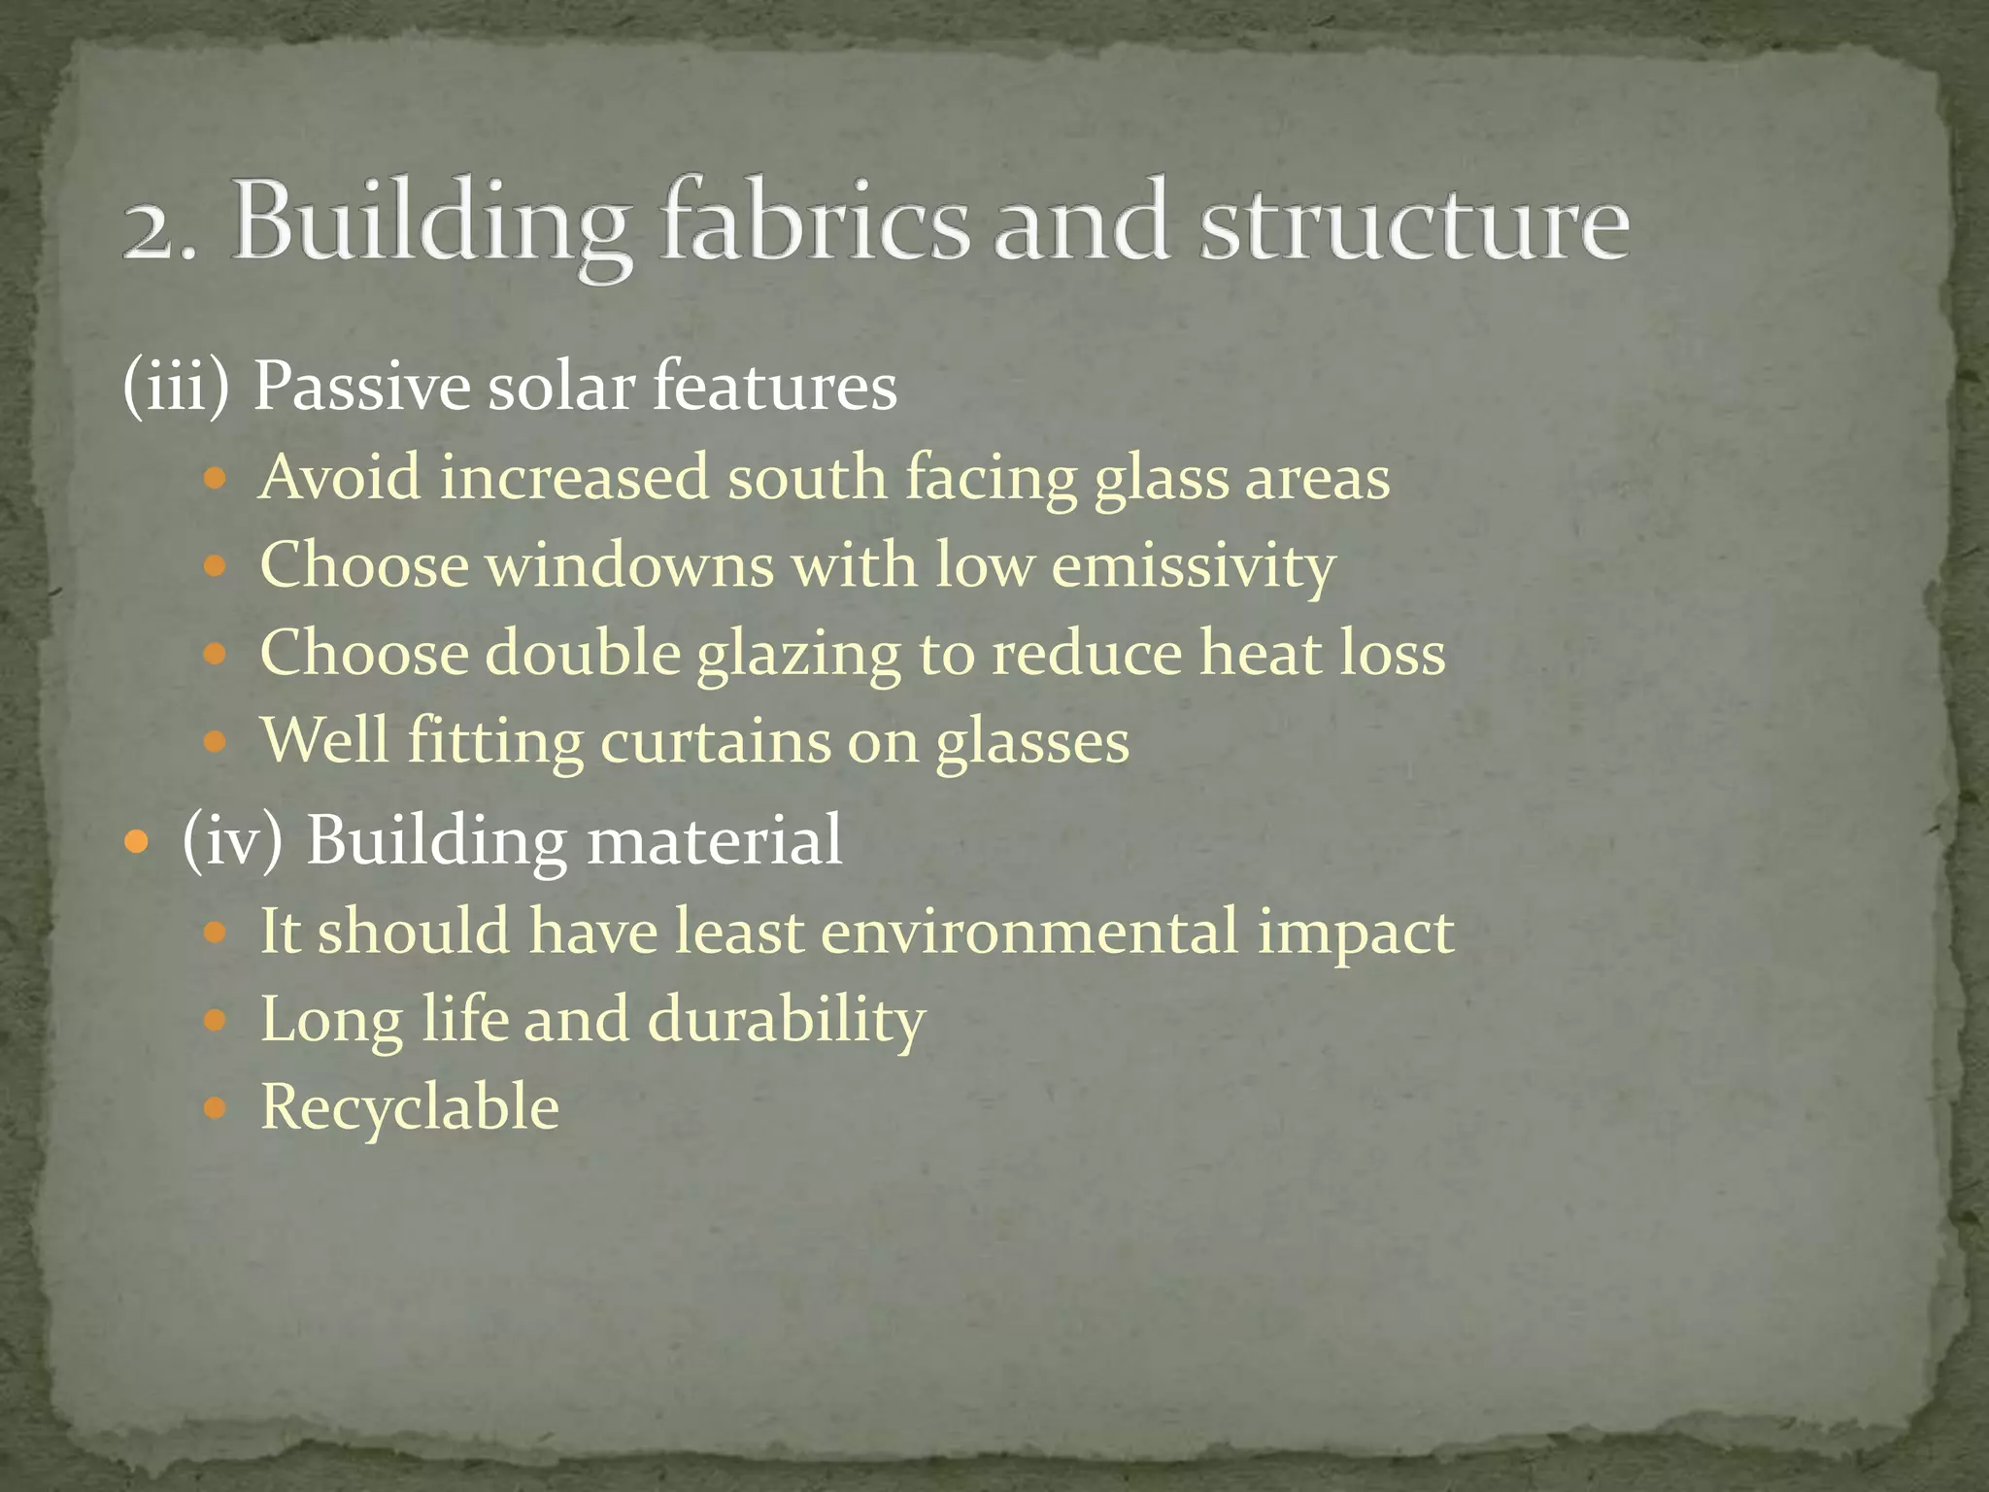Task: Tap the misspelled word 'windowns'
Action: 630,565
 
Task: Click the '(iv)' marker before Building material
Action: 232,840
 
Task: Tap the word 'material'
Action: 715,840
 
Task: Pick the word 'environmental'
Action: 1029,931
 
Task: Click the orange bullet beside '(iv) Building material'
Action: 138,839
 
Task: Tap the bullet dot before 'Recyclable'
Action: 216,1107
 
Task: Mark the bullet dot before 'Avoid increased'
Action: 216,479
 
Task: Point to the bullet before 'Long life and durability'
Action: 216,1020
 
